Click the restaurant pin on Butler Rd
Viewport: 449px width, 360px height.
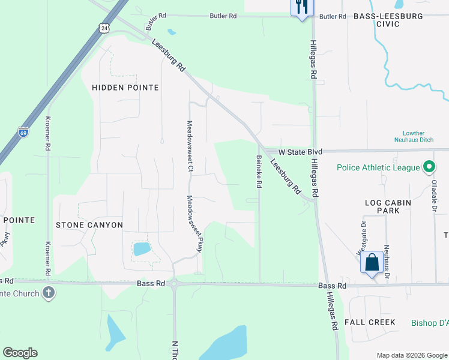tap(301, 8)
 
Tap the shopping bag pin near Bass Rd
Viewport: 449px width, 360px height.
tap(372, 263)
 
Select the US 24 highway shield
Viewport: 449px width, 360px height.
tap(105, 28)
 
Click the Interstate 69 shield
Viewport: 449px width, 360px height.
tap(23, 132)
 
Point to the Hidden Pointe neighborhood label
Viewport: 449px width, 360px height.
tap(125, 88)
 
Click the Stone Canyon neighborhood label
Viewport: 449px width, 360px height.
tap(89, 225)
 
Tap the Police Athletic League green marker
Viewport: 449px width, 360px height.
tap(429, 167)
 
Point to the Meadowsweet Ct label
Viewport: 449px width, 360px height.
tap(189, 147)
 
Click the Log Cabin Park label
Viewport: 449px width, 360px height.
tap(388, 207)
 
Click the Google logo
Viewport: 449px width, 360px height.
tap(20, 353)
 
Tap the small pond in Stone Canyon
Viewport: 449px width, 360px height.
tap(142, 248)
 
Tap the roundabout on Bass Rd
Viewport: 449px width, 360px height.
tap(175, 283)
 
